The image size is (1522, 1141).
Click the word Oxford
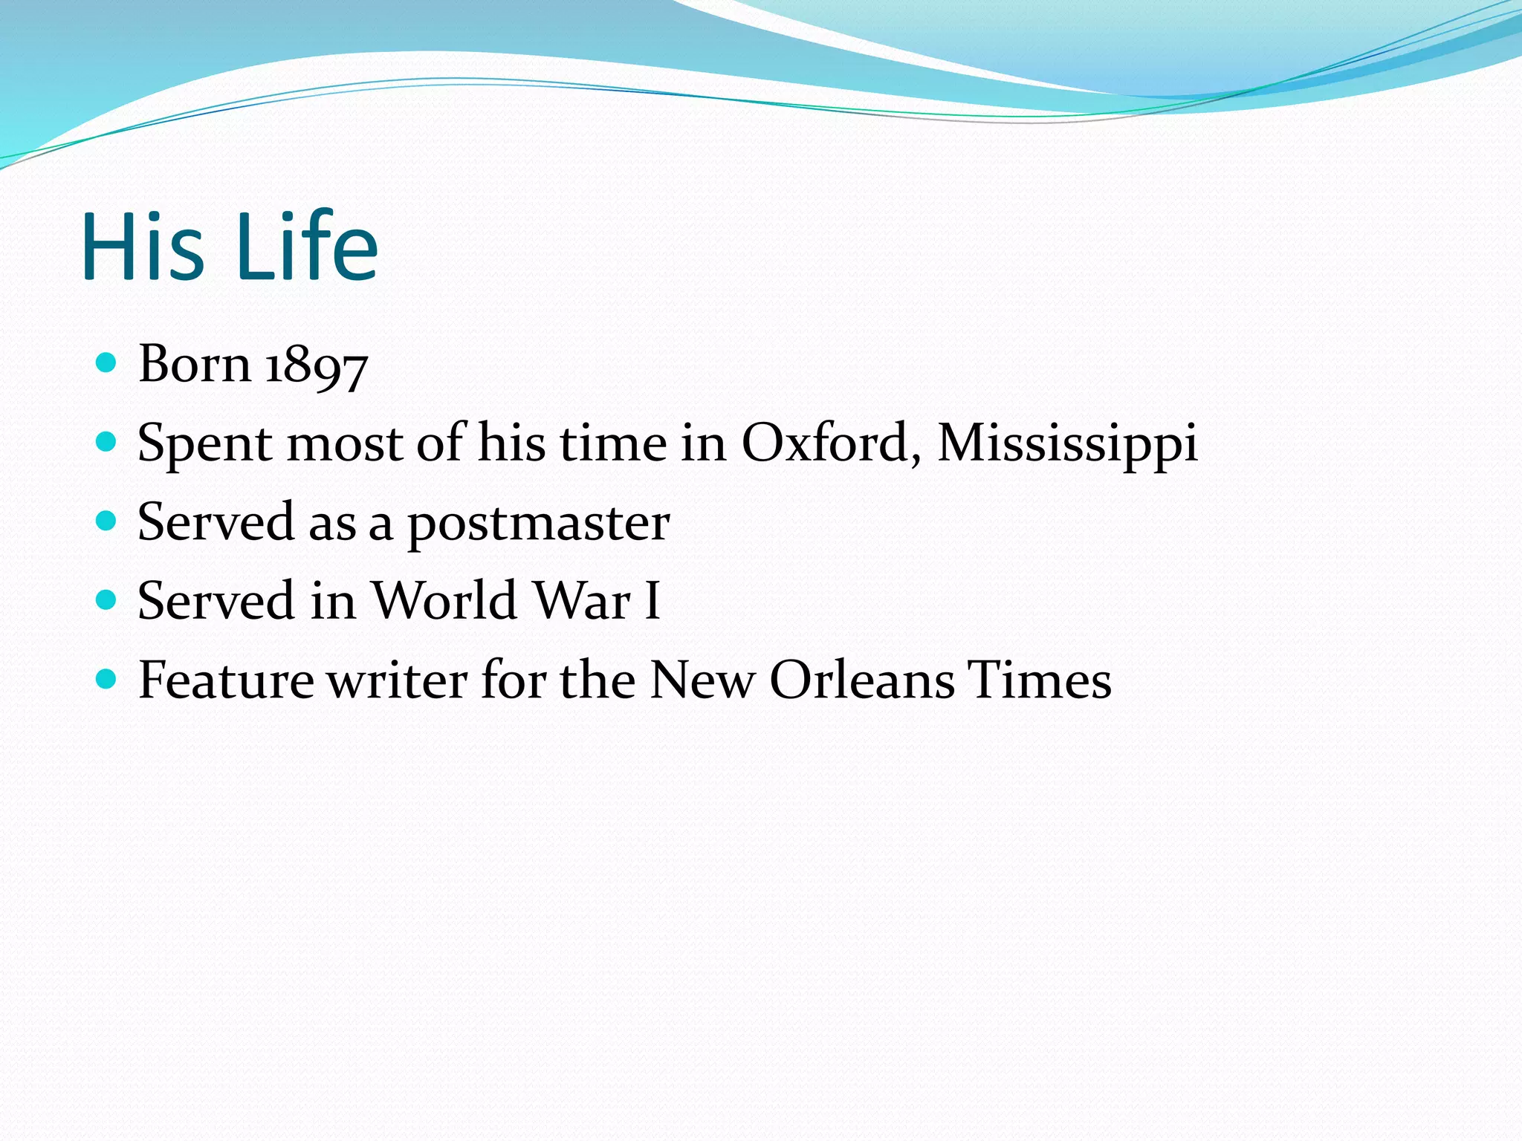coord(826,443)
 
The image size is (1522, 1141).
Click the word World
coord(444,600)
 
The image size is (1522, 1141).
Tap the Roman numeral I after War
coord(652,600)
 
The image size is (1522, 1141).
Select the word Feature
coord(226,680)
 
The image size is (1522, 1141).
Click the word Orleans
coord(861,680)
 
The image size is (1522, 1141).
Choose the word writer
coord(398,680)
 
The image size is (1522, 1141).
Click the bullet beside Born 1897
coord(107,363)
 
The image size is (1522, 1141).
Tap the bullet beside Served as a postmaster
coord(107,521)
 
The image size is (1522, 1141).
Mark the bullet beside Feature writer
coord(107,678)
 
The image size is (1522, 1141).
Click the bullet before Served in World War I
coord(107,599)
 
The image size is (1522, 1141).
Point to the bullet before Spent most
coord(107,442)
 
